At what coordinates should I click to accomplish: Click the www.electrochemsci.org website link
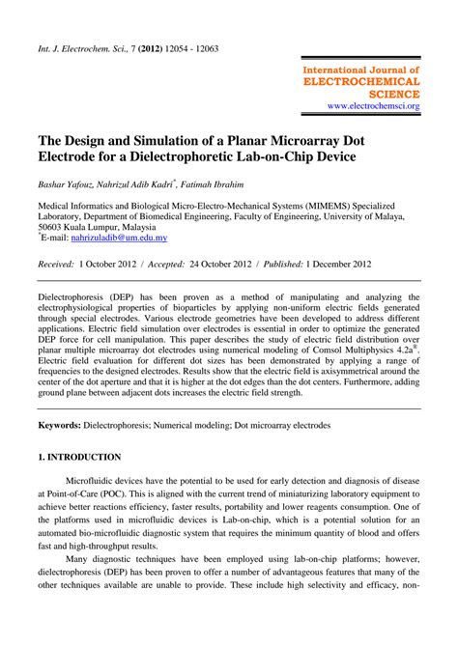[373, 105]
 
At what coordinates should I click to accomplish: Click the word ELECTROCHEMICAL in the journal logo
[361, 82]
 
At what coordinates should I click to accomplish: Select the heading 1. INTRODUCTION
[79, 457]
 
